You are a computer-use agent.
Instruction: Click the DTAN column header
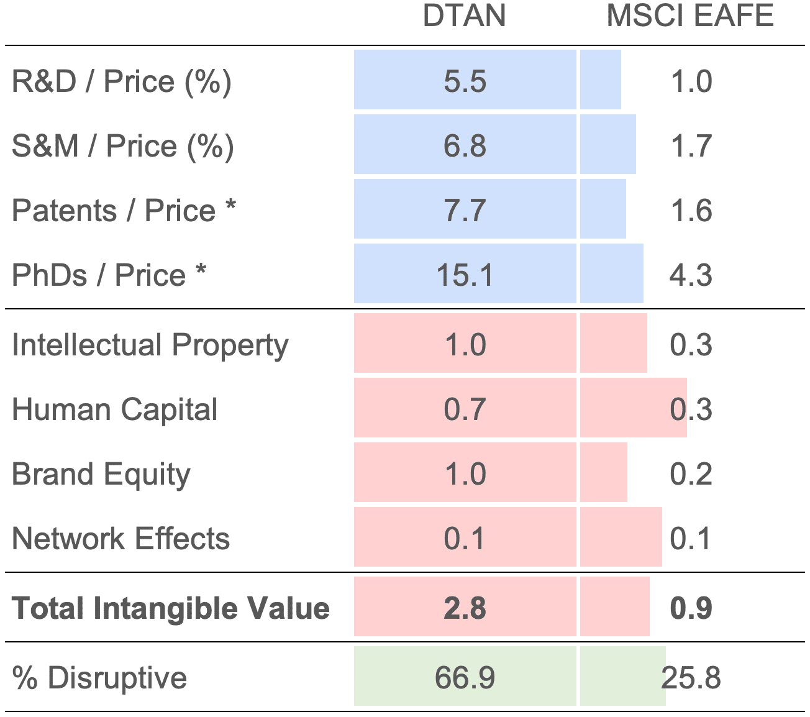pyautogui.click(x=464, y=16)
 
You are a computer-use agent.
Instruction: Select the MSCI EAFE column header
pyautogui.click(x=690, y=16)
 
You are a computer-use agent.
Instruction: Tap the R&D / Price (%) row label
pyautogui.click(x=122, y=82)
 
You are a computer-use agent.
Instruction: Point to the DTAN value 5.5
pyautogui.click(x=465, y=82)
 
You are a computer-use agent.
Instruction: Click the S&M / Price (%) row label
pyautogui.click(x=123, y=147)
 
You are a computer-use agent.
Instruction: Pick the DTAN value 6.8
pyautogui.click(x=465, y=147)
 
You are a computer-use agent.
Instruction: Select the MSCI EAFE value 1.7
pyautogui.click(x=691, y=147)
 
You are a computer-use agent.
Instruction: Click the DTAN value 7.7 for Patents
pyautogui.click(x=465, y=211)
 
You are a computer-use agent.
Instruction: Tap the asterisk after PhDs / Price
pyautogui.click(x=201, y=271)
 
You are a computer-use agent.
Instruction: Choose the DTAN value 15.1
pyautogui.click(x=465, y=275)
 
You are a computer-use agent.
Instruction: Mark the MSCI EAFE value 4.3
pyautogui.click(x=691, y=275)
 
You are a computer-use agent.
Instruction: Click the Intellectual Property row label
pyautogui.click(x=150, y=345)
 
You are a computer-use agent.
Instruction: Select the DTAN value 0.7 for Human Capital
pyautogui.click(x=465, y=410)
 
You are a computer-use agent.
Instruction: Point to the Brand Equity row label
pyautogui.click(x=101, y=475)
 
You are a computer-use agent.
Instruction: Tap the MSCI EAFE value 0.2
pyautogui.click(x=691, y=475)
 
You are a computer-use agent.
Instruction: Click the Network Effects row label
pyautogui.click(x=121, y=539)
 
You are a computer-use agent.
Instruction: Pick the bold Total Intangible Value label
pyautogui.click(x=171, y=608)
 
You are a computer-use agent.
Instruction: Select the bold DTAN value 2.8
pyautogui.click(x=465, y=608)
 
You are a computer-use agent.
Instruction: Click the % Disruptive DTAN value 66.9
pyautogui.click(x=465, y=678)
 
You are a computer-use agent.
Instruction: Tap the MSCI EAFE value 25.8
pyautogui.click(x=691, y=678)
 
